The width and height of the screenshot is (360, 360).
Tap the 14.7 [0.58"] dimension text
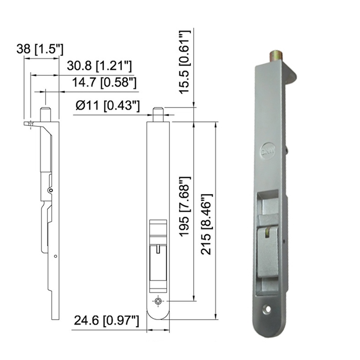click(104, 83)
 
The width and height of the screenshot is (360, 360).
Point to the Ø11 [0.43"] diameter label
click(108, 105)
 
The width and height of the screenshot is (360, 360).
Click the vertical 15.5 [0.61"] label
click(185, 62)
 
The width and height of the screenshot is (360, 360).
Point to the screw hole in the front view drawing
click(158, 301)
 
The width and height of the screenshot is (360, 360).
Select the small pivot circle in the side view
click(51, 190)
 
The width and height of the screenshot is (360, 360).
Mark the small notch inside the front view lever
click(158, 247)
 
